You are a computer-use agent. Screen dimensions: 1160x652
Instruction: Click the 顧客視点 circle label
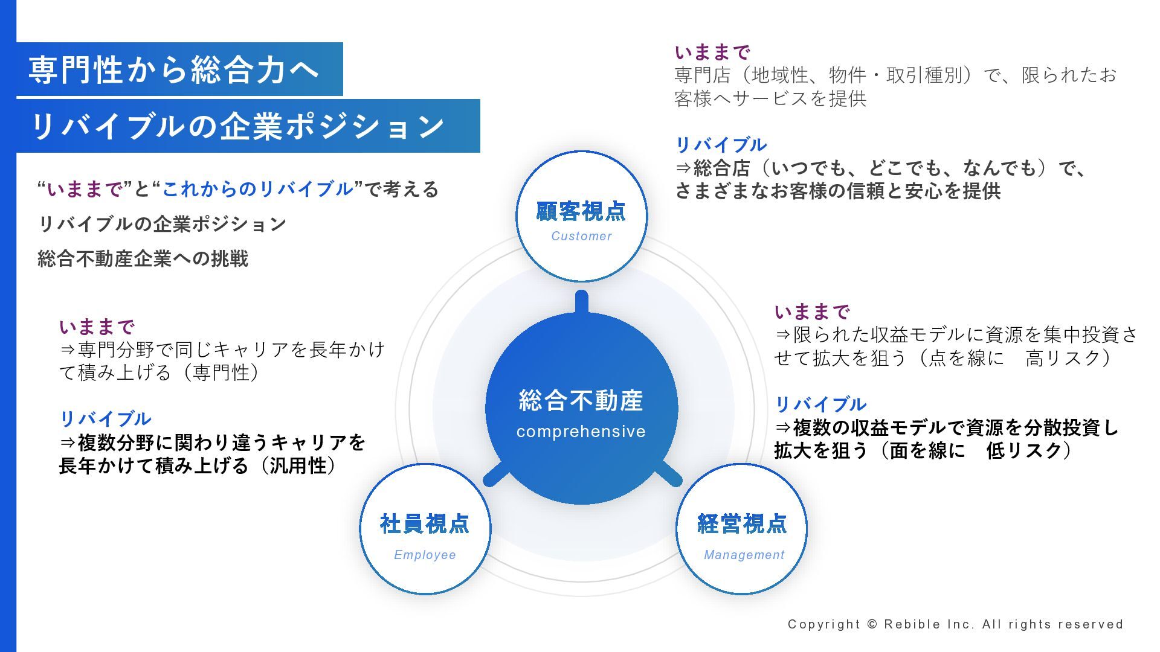[x=581, y=211]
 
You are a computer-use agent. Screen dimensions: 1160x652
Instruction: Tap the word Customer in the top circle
[x=581, y=236]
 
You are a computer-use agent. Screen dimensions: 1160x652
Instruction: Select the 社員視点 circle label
[x=425, y=524]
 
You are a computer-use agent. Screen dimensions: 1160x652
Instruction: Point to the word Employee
[x=425, y=555]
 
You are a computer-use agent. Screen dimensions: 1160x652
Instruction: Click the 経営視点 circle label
[x=742, y=524]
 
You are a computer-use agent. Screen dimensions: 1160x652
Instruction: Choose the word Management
[x=744, y=555]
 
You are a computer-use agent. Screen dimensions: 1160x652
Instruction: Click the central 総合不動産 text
[x=581, y=401]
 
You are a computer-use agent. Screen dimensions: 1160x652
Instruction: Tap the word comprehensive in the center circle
[x=581, y=432]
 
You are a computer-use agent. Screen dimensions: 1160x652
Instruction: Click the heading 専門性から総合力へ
[x=174, y=69]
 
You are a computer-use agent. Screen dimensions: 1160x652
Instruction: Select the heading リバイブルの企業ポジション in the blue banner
[x=237, y=126]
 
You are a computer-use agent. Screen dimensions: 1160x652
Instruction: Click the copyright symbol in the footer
[x=872, y=624]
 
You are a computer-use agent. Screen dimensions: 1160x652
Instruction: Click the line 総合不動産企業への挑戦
[x=143, y=259]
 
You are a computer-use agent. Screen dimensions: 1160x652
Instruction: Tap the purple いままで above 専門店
[x=712, y=52]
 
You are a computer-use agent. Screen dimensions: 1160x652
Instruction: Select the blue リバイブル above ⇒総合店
[x=721, y=145]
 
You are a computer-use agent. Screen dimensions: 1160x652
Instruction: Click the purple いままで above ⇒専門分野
[x=97, y=327]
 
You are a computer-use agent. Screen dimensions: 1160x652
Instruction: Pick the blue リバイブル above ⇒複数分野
[x=105, y=419]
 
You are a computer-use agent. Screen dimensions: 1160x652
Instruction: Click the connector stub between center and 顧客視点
[x=581, y=302]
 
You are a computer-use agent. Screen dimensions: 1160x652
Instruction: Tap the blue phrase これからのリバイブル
[x=257, y=190]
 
